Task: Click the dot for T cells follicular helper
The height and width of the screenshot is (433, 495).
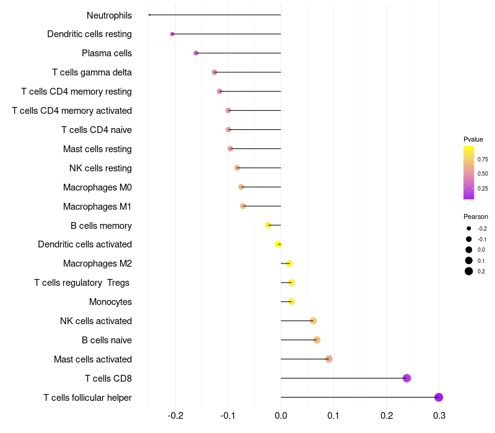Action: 439,397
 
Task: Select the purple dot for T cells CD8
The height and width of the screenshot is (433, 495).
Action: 407,378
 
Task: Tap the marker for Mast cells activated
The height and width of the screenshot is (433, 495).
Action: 329,359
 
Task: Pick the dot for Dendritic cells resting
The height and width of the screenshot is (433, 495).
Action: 172,34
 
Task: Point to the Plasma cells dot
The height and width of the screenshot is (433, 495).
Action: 196,53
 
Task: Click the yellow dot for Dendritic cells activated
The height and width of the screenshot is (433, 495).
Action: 278,244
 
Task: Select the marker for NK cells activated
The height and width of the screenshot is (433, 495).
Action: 313,320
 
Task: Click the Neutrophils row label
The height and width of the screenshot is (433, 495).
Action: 109,15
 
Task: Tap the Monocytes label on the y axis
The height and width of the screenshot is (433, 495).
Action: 110,302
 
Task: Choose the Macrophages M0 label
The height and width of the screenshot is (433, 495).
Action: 97,187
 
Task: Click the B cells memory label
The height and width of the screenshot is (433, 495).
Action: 101,225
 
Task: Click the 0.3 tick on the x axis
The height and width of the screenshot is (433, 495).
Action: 439,414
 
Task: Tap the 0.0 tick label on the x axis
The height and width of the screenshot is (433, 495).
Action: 281,414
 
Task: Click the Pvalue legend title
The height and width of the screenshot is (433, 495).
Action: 473,139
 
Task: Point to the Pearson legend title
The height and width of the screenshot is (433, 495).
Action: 476,216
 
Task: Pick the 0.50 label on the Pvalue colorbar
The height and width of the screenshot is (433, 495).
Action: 483,174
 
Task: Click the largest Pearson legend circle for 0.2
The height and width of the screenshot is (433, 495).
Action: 469,271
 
